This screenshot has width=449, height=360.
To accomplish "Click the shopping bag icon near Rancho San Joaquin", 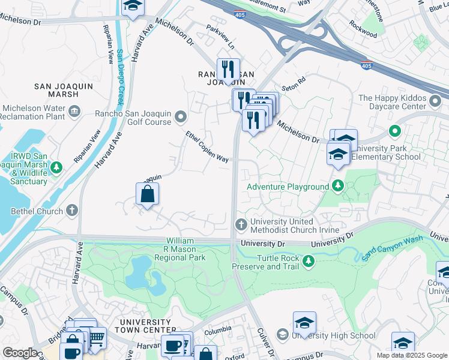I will click(x=147, y=194).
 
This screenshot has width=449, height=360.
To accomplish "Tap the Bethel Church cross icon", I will click(x=72, y=211).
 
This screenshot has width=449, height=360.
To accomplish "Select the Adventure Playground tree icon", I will click(x=338, y=187).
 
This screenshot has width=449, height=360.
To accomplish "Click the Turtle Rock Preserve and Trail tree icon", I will click(x=309, y=260).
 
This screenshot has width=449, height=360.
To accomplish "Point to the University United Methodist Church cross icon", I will click(x=241, y=224).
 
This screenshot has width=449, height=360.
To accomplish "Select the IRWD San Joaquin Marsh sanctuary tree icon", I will click(x=56, y=166).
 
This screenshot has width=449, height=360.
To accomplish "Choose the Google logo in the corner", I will click(x=19, y=353).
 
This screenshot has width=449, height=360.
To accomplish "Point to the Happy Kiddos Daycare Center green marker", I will click(x=394, y=130).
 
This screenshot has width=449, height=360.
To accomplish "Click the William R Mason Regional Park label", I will click(x=179, y=249).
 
